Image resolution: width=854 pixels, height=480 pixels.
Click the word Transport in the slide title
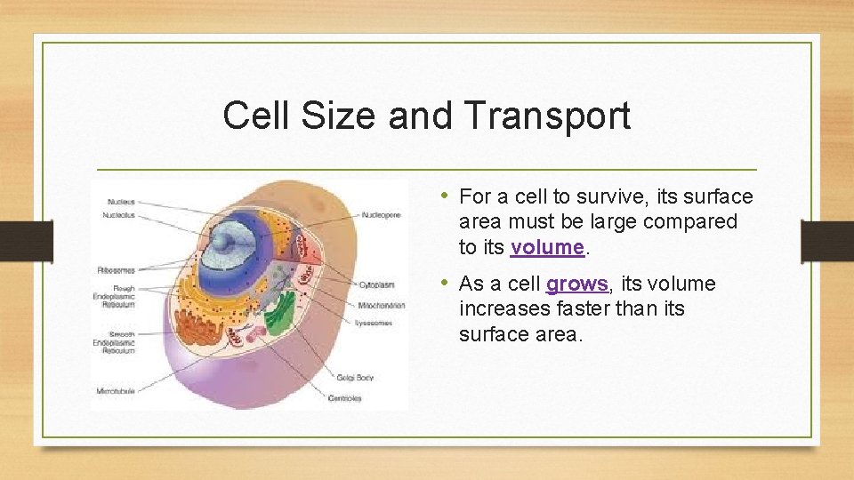(547, 116)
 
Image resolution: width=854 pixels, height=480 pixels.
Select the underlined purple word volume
(547, 246)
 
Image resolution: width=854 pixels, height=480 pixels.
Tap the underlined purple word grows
(577, 284)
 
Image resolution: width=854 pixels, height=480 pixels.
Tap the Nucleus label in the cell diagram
(121, 202)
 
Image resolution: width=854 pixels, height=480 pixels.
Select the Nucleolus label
(119, 215)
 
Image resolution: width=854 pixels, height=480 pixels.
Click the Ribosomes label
(116, 269)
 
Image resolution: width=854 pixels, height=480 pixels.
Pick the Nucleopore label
(381, 215)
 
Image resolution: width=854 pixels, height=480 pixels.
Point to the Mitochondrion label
(383, 305)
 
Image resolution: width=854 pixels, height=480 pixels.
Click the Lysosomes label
(374, 324)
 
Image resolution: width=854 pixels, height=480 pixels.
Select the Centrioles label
(344, 398)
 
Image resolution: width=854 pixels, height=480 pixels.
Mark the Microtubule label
(116, 391)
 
